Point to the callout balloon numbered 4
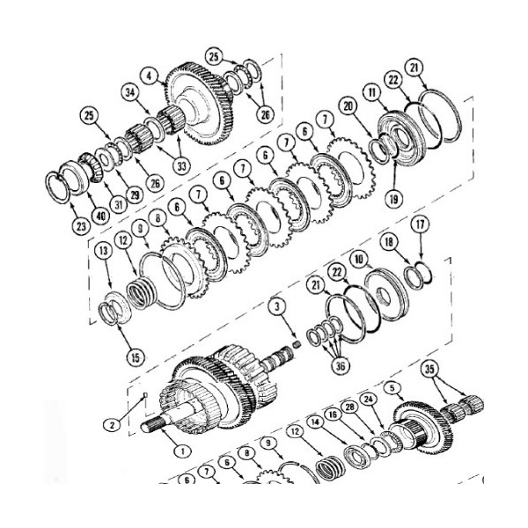[x=150, y=76]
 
